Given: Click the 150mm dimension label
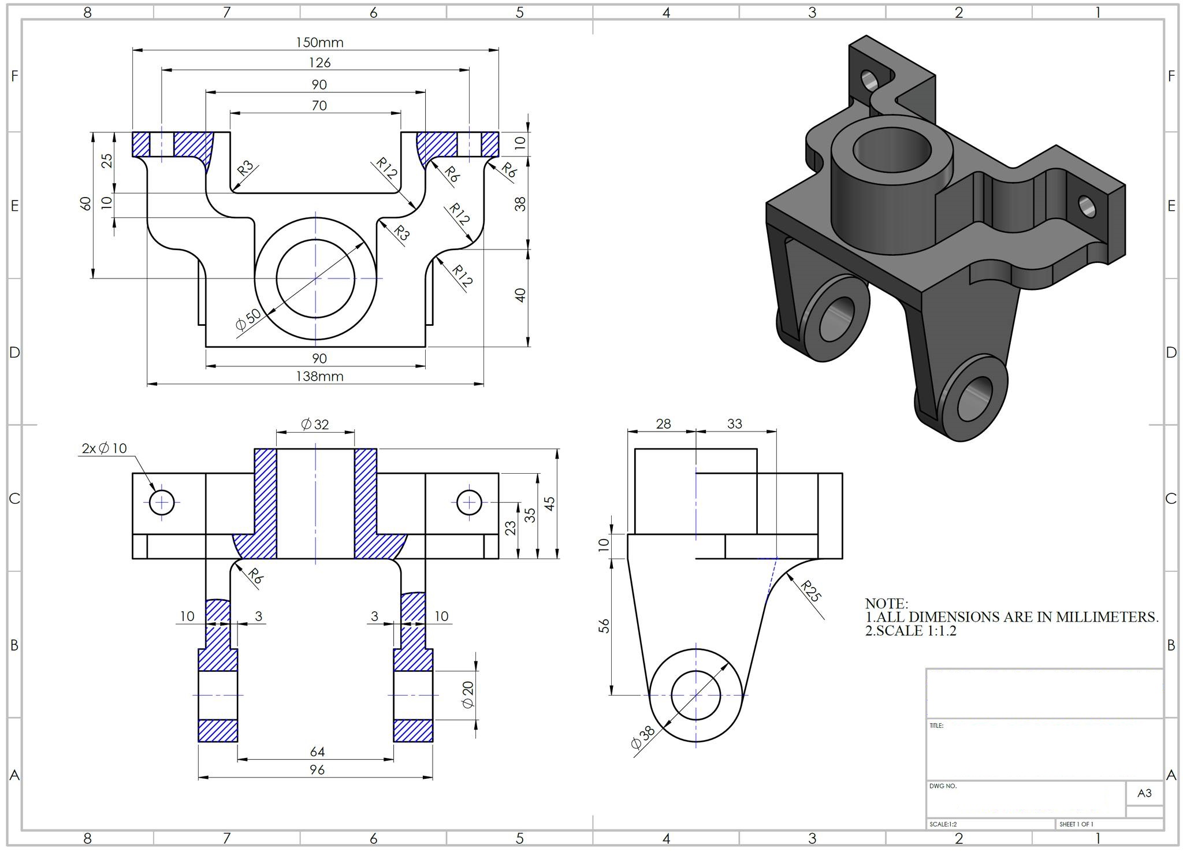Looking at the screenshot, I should (319, 42).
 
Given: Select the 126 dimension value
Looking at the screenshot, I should (319, 62).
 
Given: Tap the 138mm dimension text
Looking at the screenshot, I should (319, 377).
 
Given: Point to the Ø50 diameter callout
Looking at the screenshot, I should (248, 319).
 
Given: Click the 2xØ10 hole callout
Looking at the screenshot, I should (104, 448).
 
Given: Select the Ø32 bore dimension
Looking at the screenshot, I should (315, 425).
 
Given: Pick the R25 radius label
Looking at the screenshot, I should (812, 591).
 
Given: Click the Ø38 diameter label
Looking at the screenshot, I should (643, 738).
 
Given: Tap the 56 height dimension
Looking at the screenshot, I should (604, 626).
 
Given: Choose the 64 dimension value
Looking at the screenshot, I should (317, 752).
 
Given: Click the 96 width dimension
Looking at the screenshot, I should (317, 769).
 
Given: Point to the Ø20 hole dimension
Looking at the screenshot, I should (468, 694).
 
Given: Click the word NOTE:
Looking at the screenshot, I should (886, 604).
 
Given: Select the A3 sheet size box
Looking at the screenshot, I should (1144, 793).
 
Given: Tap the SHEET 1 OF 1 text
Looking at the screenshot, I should (1076, 824).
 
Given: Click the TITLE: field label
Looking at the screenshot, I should (936, 726).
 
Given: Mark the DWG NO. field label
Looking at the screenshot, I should (943, 786).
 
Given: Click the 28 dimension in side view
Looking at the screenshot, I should (663, 424).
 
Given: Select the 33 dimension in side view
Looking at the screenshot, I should (734, 424).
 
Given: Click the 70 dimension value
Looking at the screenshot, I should (319, 106).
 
